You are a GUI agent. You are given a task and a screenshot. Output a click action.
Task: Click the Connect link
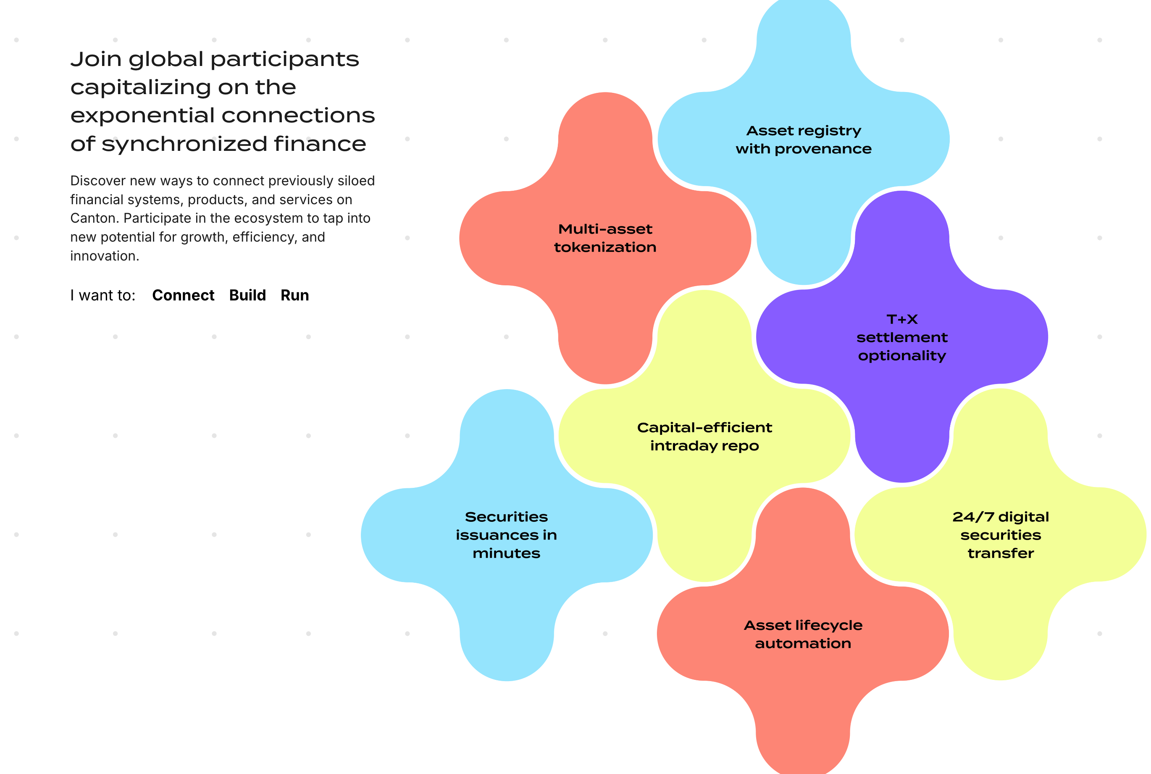coord(183,295)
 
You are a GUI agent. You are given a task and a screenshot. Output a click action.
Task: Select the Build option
coord(247,295)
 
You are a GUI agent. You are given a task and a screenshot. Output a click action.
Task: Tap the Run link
coord(294,295)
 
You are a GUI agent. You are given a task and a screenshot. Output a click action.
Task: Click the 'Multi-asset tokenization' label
coord(605,238)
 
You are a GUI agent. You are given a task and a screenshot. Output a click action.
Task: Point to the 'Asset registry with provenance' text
coord(803,140)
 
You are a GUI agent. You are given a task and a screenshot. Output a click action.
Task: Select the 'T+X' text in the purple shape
coord(902,319)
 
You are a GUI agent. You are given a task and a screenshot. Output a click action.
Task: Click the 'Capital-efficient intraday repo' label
coord(704,436)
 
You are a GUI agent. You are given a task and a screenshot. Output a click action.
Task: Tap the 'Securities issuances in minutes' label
coord(506,535)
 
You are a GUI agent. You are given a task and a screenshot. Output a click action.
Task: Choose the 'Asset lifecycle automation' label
coord(803,634)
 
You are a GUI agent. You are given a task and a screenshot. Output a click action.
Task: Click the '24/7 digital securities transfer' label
coord(1001,535)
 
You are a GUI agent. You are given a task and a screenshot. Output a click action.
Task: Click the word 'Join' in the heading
coord(96,59)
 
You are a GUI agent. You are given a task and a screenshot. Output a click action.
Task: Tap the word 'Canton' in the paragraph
coord(94,218)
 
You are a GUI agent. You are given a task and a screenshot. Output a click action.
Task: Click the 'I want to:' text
coord(102,295)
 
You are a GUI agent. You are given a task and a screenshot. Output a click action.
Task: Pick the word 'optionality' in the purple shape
coord(902,356)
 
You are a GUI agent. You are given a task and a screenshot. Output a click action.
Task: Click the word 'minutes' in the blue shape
coord(506,553)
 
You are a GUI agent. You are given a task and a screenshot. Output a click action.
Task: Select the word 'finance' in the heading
coord(320,144)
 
